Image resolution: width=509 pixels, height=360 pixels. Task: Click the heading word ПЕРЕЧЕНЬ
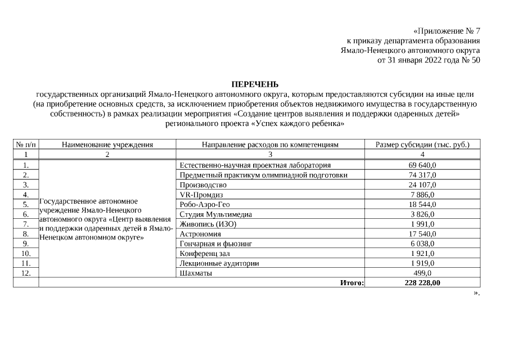[255, 84]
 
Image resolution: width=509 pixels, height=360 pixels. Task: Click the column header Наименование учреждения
[107, 145]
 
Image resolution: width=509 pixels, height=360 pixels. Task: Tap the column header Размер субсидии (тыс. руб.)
[422, 145]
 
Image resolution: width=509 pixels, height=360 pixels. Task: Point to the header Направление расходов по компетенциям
[270, 145]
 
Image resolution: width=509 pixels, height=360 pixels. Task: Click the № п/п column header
[26, 145]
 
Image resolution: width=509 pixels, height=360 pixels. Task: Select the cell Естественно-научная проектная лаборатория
[255, 165]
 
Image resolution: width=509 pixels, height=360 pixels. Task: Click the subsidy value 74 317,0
[422, 175]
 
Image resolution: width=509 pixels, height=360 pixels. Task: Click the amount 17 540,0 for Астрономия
[422, 233]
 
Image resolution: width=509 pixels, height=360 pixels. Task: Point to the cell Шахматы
[196, 273]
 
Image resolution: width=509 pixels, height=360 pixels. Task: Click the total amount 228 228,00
[422, 282]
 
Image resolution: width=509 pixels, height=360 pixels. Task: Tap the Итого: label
[352, 282]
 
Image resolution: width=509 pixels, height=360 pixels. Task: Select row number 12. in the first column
[26, 273]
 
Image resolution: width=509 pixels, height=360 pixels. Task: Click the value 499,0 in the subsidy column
[422, 273]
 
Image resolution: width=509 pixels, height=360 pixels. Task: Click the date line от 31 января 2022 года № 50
[429, 60]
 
